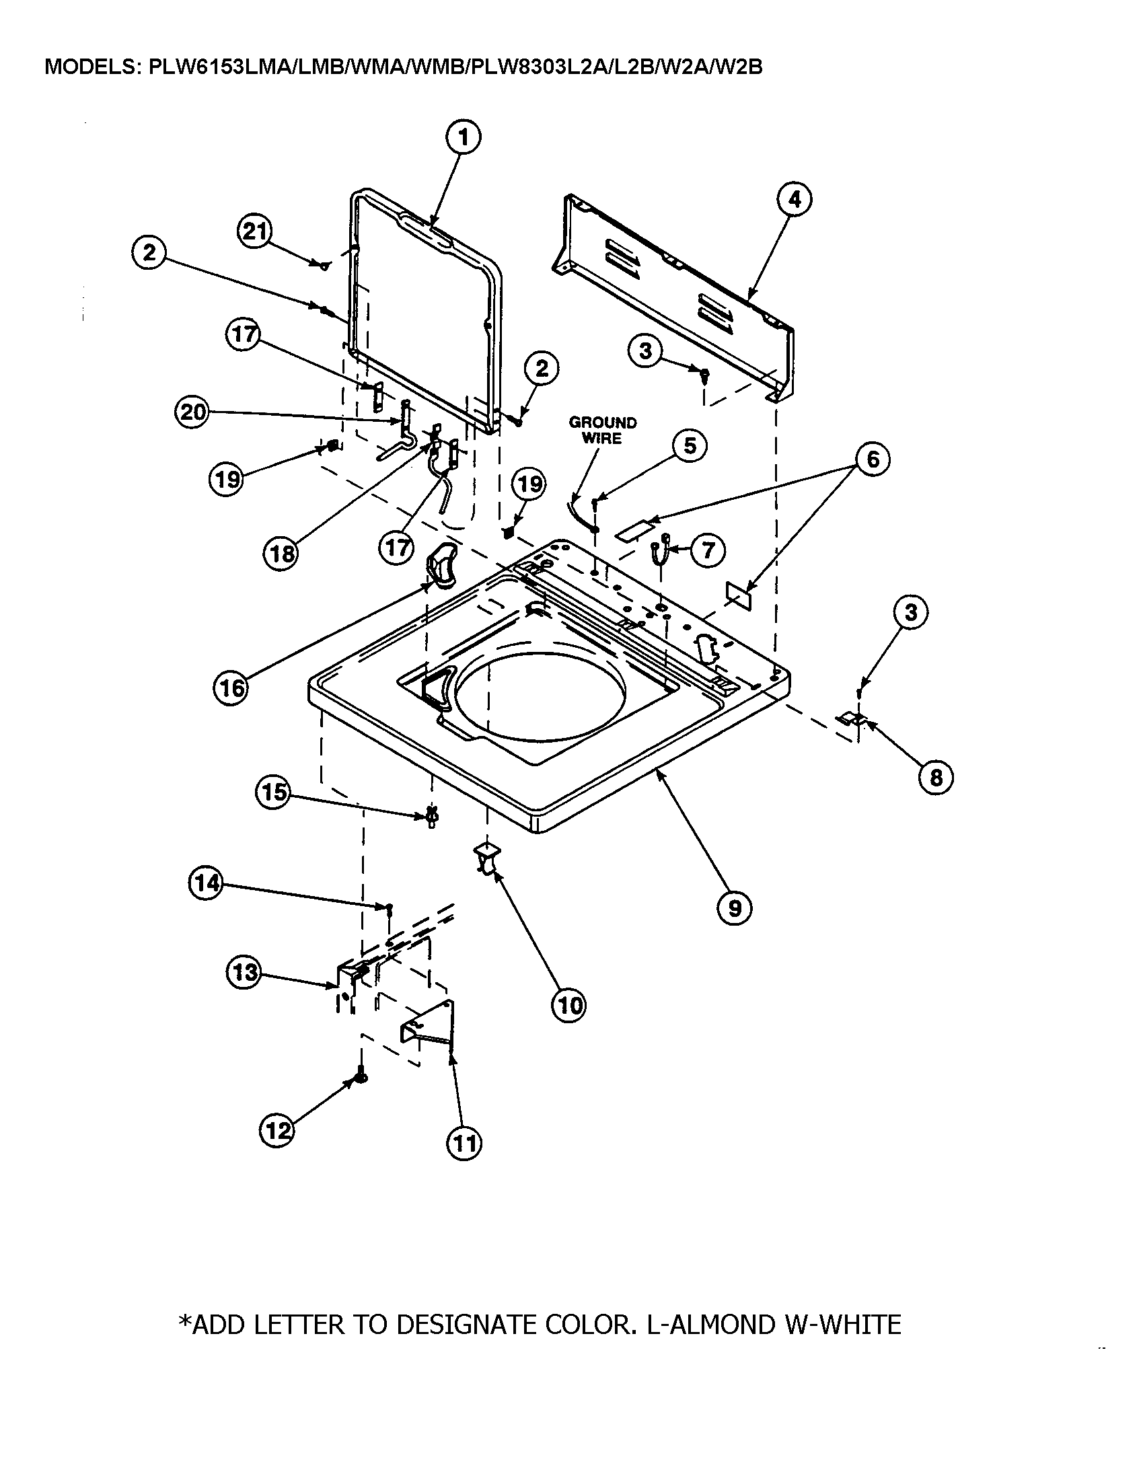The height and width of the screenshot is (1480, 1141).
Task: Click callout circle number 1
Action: click(x=463, y=137)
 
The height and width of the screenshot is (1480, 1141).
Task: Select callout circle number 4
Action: click(x=794, y=199)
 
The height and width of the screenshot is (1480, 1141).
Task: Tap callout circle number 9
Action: click(x=735, y=907)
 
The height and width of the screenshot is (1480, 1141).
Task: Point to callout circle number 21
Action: click(x=255, y=233)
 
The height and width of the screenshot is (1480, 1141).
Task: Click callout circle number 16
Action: click(x=231, y=688)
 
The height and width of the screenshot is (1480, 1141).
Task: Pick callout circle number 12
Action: click(x=277, y=1130)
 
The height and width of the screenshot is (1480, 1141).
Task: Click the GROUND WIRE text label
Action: click(x=601, y=431)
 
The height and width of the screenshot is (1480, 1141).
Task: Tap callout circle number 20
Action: click(x=193, y=412)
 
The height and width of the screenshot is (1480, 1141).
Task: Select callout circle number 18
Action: click(x=281, y=554)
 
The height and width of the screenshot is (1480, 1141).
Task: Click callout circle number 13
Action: click(x=244, y=973)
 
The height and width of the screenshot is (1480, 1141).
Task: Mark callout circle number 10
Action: click(x=568, y=1005)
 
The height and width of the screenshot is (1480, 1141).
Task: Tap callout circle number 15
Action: click(x=273, y=791)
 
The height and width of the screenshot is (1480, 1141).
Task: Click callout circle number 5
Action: click(x=689, y=446)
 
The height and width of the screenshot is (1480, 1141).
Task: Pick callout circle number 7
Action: click(x=707, y=550)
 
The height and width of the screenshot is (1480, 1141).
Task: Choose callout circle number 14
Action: click(x=206, y=884)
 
